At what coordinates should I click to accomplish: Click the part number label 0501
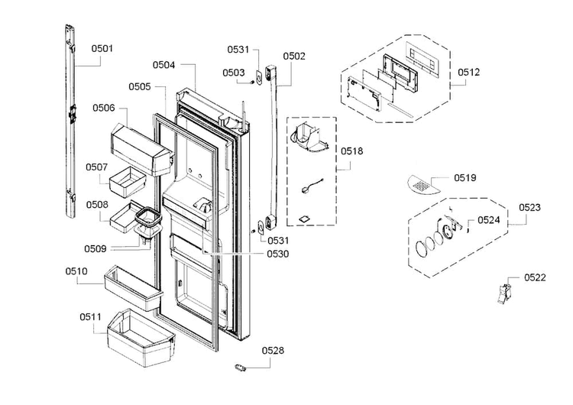point(102,49)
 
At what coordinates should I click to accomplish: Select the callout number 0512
point(468,73)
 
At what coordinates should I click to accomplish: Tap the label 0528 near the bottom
point(273,351)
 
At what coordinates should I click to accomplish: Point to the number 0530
point(278,254)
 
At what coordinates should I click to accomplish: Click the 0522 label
point(535,277)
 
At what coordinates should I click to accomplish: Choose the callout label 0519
point(465,178)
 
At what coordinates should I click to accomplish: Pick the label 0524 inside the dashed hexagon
point(489,220)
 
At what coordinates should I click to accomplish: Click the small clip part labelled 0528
point(240,368)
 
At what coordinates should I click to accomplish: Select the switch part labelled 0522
point(503,293)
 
